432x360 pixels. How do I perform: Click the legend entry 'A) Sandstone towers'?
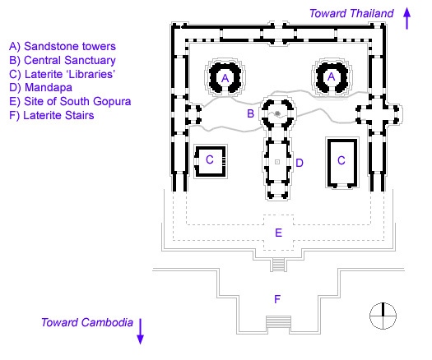pos(63,46)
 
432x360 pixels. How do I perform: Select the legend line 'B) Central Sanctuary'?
pos(63,60)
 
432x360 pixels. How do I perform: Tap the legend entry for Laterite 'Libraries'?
pos(62,74)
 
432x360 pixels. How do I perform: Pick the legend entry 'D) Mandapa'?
pos(41,87)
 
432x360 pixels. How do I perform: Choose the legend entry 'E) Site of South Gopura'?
pos(70,101)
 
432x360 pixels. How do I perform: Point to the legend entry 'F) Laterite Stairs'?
pos(52,115)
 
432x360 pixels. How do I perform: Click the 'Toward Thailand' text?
pos(351,13)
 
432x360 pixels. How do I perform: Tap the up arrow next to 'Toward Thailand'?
pos(407,18)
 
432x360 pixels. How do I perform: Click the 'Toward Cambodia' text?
pos(87,322)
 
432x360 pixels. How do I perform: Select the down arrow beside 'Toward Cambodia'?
pos(140,331)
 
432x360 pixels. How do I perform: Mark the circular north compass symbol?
pos(383,316)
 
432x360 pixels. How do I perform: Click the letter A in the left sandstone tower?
pos(225,78)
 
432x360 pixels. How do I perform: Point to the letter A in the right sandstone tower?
pos(331,76)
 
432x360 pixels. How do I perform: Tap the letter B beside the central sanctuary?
pos(250,113)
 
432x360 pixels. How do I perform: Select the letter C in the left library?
pos(210,159)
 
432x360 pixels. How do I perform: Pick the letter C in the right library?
pos(341,160)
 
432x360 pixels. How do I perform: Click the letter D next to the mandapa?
pos(300,163)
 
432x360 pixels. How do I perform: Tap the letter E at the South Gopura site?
pos(279,233)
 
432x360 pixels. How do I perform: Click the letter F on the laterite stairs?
pos(277,299)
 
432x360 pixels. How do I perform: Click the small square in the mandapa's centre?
pos(277,162)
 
